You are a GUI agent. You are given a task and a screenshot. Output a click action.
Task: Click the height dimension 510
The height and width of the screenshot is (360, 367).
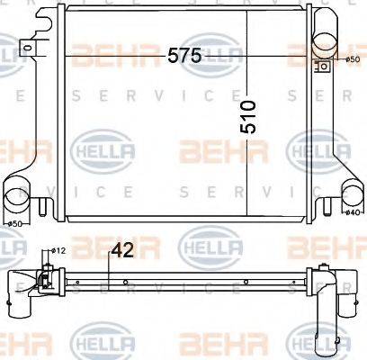tap(248, 118)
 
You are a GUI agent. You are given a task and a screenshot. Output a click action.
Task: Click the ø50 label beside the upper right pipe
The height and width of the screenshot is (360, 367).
tap(352, 59)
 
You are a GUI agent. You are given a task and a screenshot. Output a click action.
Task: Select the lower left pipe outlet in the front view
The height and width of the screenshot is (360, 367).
tap(18, 194)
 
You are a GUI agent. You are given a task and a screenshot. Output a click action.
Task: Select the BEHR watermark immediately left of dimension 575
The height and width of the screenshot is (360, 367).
tap(112, 56)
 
